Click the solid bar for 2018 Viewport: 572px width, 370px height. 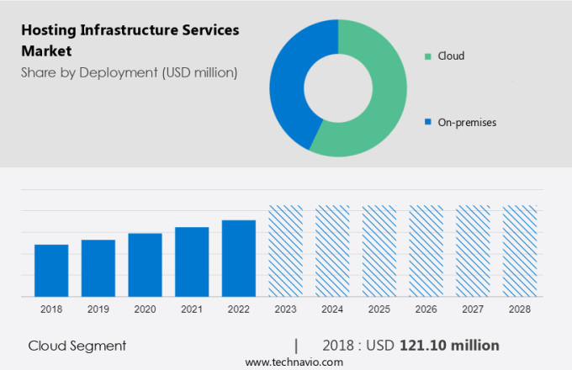click(51, 270)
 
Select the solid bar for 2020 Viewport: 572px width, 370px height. click(145, 264)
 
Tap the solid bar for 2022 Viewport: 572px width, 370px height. click(239, 258)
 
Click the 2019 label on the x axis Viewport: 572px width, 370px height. click(98, 309)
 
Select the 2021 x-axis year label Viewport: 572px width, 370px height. click(192, 309)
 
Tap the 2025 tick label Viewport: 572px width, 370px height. click(379, 309)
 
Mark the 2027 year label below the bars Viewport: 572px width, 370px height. click(473, 309)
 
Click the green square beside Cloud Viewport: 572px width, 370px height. click(428, 56)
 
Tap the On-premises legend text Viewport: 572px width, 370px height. click(467, 123)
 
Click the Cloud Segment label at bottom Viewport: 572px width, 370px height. click(77, 346)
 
